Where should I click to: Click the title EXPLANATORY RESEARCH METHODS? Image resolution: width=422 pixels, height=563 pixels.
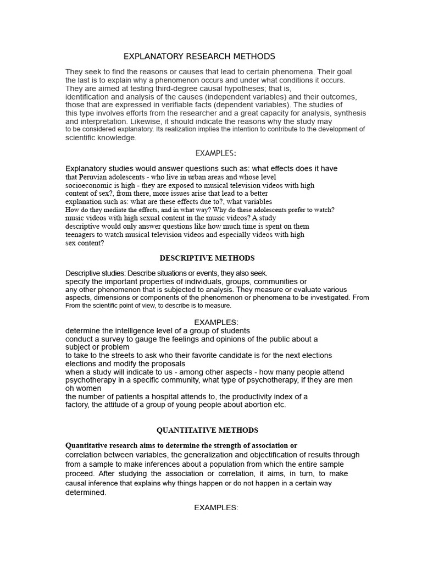click(x=199, y=57)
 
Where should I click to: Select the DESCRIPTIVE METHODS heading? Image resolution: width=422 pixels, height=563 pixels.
click(x=207, y=258)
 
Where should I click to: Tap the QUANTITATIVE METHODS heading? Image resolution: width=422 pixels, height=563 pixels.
click(x=207, y=430)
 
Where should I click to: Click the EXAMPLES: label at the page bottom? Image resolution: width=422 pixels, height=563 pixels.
click(x=216, y=507)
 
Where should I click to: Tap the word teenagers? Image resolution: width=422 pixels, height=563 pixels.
click(x=82, y=234)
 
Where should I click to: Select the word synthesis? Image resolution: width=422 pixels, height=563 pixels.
click(x=337, y=113)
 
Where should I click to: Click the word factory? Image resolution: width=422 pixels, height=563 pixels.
click(x=78, y=405)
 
